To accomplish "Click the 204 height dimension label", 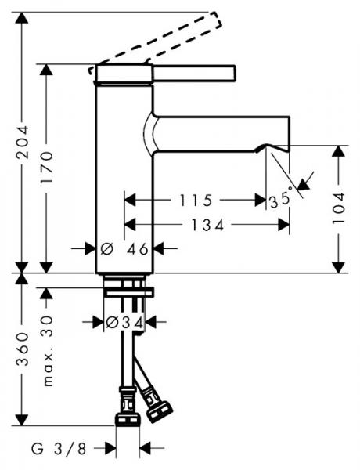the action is coord(23,142).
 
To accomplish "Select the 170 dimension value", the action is coord(47,168).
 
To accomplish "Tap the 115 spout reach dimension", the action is coord(196,201).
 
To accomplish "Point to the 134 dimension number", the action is coord(207,225).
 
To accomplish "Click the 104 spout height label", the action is coord(339,208).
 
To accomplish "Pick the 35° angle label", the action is coord(280,199).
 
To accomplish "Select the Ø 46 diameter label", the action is coord(124,249).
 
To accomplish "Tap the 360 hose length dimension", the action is coord(23,349).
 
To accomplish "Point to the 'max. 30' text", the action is coord(47,351).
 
